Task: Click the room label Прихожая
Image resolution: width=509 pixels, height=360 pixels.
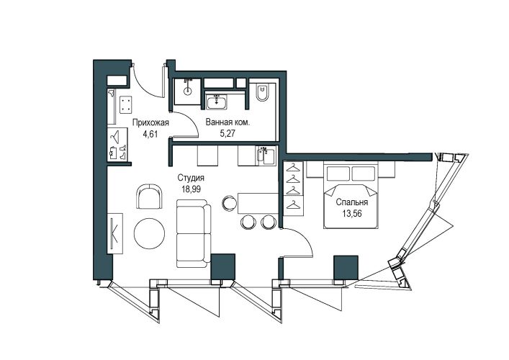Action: pyautogui.click(x=150, y=122)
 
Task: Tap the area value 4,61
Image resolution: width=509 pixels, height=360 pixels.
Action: pyautogui.click(x=150, y=134)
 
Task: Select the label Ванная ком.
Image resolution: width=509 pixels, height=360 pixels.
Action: pyautogui.click(x=228, y=122)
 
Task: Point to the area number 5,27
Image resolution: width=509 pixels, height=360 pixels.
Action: pyautogui.click(x=228, y=134)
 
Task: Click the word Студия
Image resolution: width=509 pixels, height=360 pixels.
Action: pyautogui.click(x=191, y=178)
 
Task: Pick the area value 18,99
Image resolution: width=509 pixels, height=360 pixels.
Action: pyautogui.click(x=191, y=189)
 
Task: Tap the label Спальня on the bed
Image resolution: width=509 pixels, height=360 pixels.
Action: pyautogui.click(x=352, y=202)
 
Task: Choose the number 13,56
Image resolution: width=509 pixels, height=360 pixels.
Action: pyautogui.click(x=352, y=214)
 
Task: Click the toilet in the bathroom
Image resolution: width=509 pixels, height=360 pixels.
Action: pyautogui.click(x=261, y=92)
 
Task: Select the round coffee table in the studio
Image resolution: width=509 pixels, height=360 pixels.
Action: pyautogui.click(x=149, y=233)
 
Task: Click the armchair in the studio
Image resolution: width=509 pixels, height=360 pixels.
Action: pyautogui.click(x=149, y=197)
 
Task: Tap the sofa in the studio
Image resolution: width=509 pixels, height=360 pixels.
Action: pyautogui.click(x=194, y=234)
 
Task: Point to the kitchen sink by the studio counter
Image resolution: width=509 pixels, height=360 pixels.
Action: pyautogui.click(x=266, y=156)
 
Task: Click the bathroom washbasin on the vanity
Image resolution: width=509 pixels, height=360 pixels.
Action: pyautogui.click(x=217, y=102)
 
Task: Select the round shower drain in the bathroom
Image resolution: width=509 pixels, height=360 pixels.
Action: pyautogui.click(x=188, y=91)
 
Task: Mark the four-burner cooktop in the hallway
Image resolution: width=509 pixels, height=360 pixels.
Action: pyautogui.click(x=125, y=105)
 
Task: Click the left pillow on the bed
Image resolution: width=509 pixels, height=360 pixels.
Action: pyautogui.click(x=338, y=174)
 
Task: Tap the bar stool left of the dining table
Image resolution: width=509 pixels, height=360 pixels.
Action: pyautogui.click(x=229, y=203)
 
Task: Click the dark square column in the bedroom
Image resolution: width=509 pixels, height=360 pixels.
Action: pyautogui.click(x=346, y=268)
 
